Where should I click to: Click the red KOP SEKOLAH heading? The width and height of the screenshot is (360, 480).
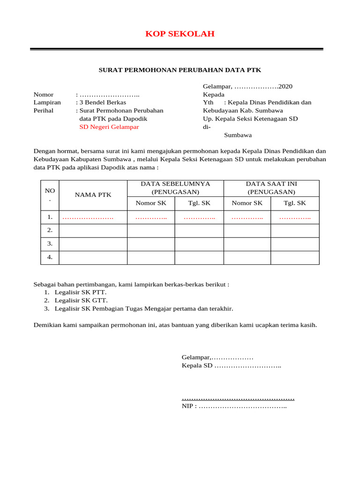point(180,34)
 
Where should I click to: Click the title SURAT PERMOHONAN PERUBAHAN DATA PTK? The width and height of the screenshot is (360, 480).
point(180,70)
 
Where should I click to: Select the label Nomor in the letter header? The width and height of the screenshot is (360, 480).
point(44,95)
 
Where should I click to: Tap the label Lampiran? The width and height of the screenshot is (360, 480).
point(47,103)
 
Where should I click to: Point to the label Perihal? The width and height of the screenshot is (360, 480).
point(44,111)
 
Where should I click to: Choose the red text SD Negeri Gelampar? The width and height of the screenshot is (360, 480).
point(109,127)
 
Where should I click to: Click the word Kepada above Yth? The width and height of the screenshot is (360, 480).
point(213,95)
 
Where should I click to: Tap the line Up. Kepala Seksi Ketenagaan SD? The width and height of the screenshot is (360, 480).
point(250,119)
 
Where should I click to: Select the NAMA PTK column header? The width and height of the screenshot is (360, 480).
point(93,195)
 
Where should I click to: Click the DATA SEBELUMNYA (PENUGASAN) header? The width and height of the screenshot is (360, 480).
point(175,188)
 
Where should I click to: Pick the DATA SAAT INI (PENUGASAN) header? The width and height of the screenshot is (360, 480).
point(271,188)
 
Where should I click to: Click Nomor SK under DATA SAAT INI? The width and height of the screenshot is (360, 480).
point(247,203)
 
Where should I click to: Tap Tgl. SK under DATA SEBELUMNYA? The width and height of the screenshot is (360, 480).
point(199,203)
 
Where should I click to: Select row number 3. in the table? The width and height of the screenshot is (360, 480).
point(50,244)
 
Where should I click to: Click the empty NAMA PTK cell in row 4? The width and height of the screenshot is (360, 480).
point(93,257)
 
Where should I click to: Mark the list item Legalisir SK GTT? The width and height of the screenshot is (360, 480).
point(81,300)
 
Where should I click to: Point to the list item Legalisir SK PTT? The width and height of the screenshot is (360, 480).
point(80,292)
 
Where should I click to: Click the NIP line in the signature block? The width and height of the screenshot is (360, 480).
point(234,406)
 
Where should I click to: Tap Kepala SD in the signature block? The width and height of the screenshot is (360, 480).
point(197,366)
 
